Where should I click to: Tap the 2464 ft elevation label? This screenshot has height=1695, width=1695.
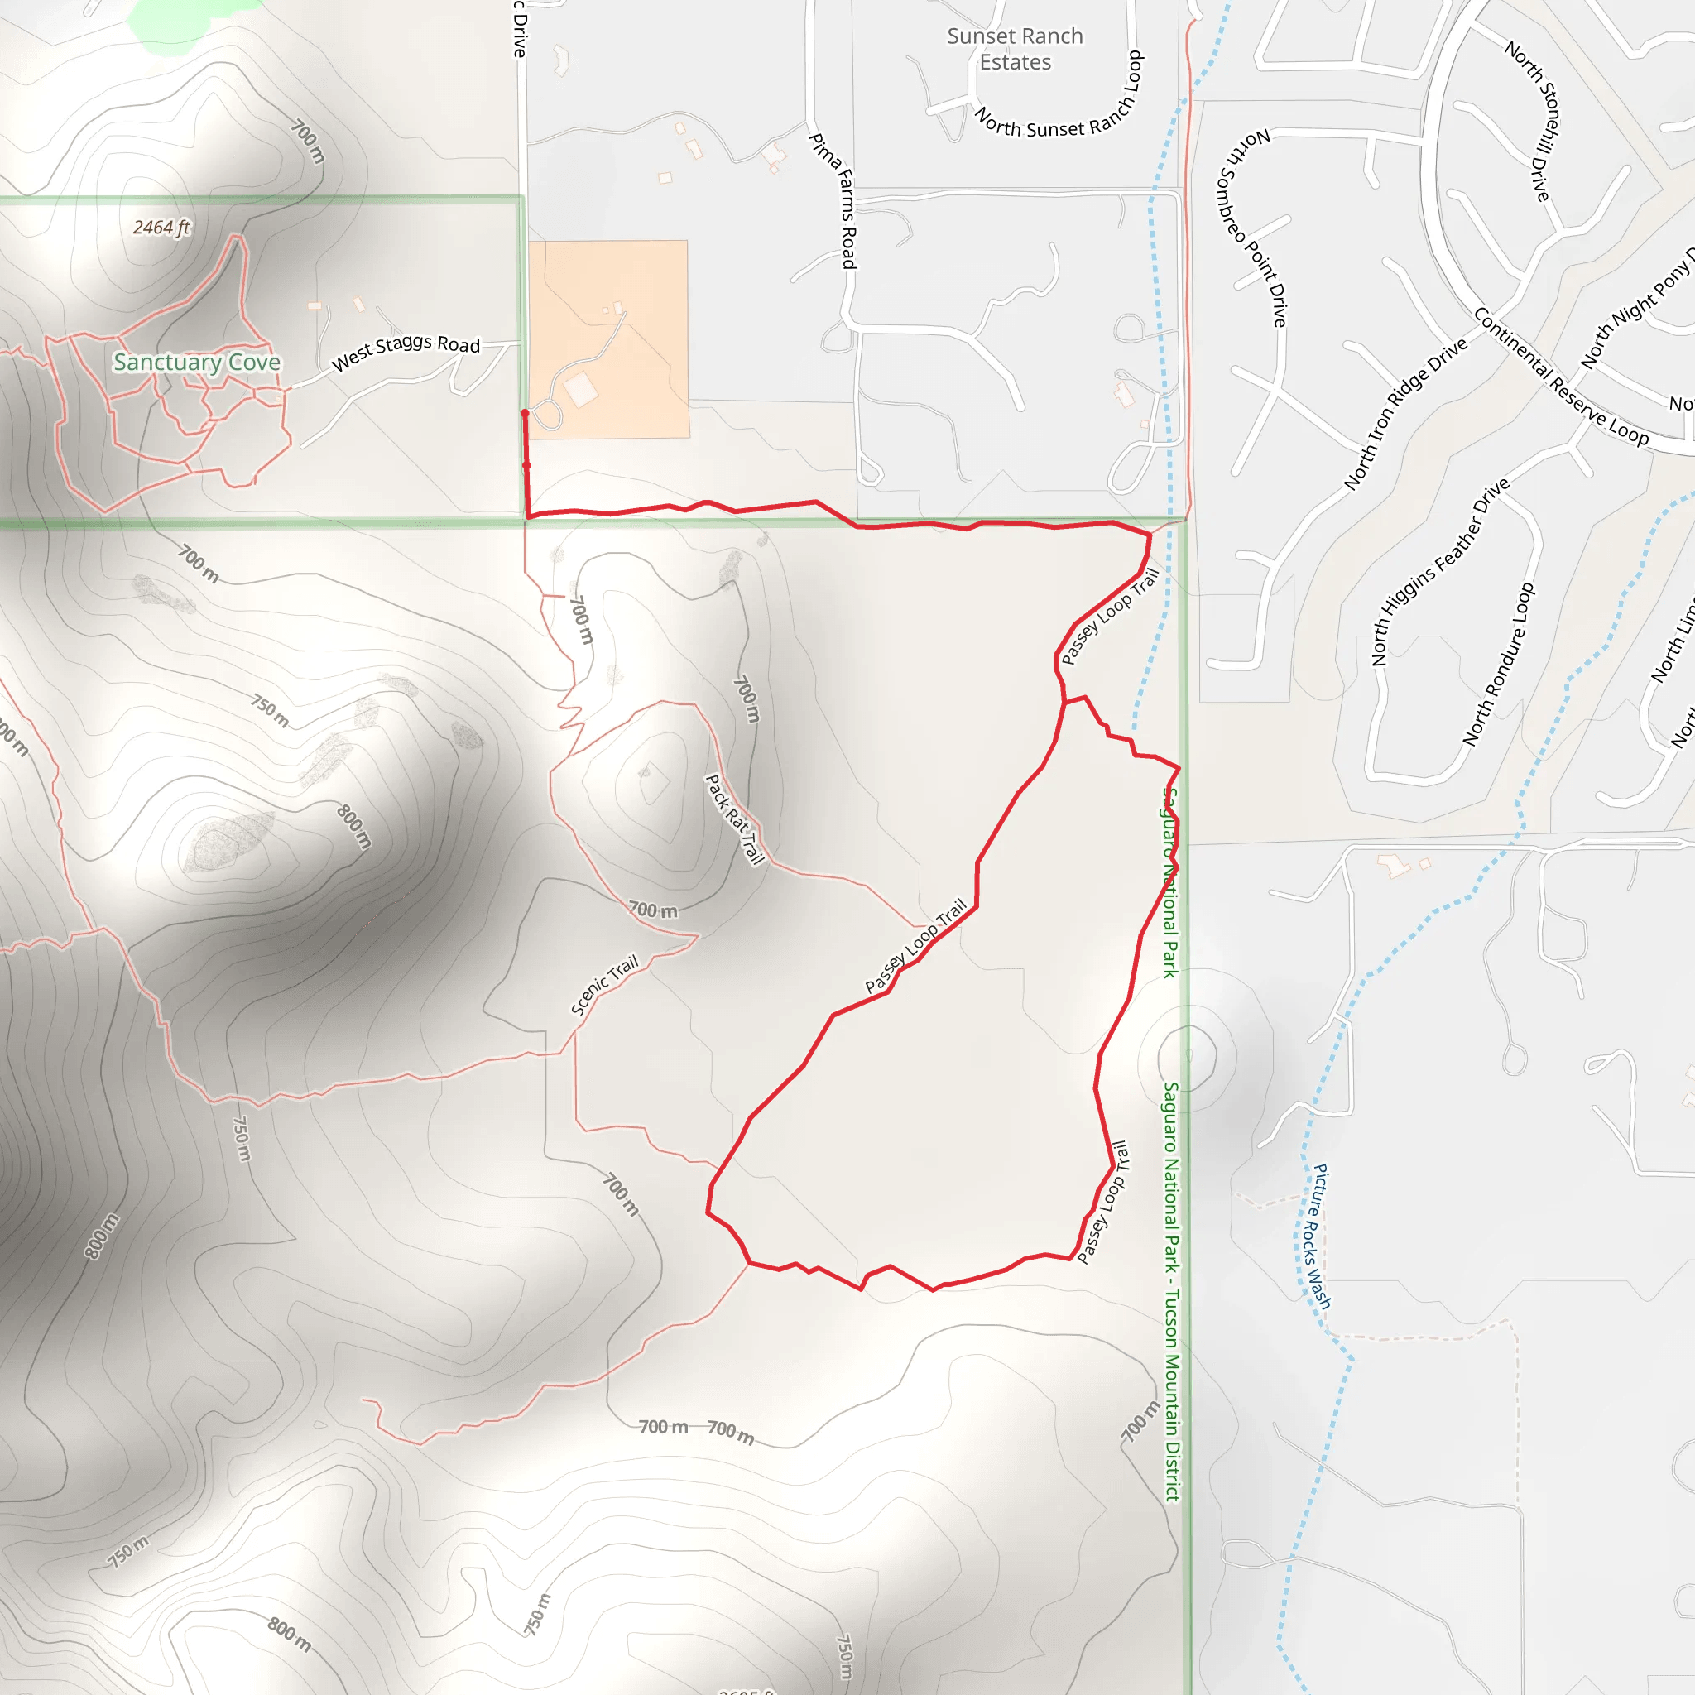click(161, 228)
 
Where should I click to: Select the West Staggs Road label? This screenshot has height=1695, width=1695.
click(406, 350)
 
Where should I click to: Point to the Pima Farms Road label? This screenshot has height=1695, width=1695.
click(834, 201)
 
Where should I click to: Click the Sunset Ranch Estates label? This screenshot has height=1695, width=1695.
click(1015, 49)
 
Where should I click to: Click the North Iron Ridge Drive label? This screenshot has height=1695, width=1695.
click(1404, 413)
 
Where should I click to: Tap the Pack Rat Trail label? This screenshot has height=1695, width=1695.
click(735, 819)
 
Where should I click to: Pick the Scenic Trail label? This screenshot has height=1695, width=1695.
click(604, 985)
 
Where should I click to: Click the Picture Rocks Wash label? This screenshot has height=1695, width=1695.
click(1321, 1237)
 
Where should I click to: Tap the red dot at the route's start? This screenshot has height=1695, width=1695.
click(525, 413)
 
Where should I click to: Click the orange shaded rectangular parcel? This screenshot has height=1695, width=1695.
click(609, 339)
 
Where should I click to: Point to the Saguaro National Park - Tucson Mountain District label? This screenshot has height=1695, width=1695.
click(1172, 1289)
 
